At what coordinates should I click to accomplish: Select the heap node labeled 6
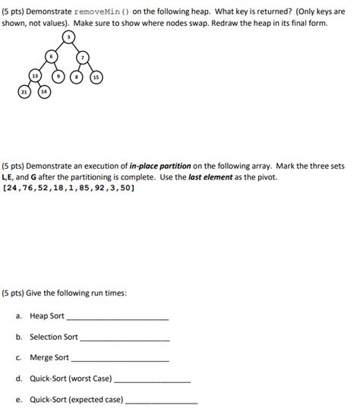coord(51,56)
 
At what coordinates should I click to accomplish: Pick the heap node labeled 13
coord(35,77)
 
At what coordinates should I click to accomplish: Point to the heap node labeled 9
coord(58,77)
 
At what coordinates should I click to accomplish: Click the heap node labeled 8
coord(76,77)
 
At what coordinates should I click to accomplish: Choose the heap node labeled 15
coord(96,77)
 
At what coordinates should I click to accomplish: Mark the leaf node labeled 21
coord(24,92)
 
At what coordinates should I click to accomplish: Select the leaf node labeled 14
coord(43,92)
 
